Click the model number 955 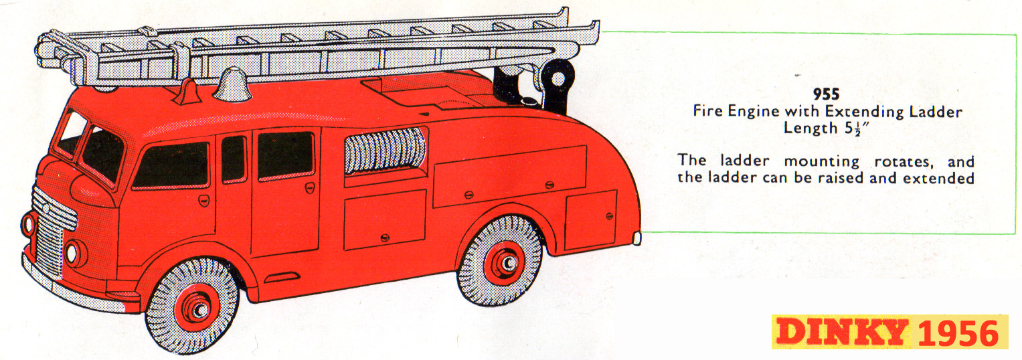coord(826,95)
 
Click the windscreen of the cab coord(100,155)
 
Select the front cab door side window coord(171,165)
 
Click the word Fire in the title coord(707,112)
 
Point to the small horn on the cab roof coord(187,92)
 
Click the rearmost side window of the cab coord(286,155)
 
